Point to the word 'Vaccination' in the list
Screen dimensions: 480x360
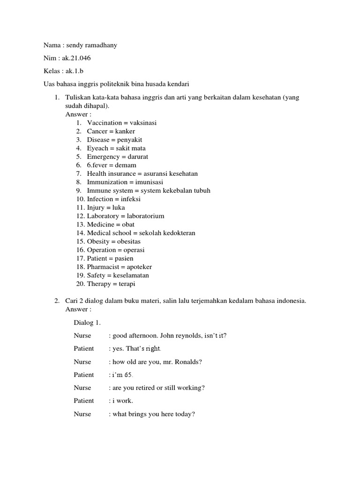tap(103, 123)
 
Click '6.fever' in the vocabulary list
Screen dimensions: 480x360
tap(97, 165)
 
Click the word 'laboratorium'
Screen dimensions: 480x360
tap(145, 216)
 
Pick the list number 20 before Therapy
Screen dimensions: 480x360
tap(80, 284)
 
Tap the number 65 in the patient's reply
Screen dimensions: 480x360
tap(128, 375)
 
